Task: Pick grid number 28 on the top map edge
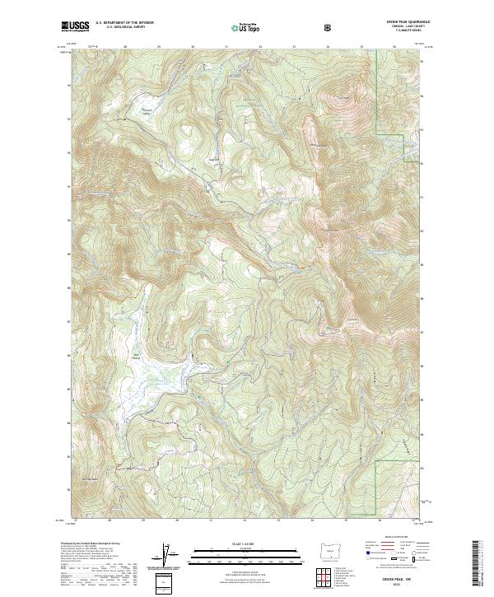click(124, 47)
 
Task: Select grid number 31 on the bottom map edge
click(211, 520)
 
